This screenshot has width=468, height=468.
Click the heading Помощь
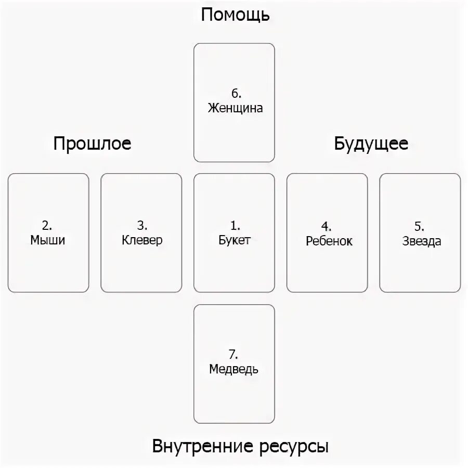[235, 15]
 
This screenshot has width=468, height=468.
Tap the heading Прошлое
[92, 144]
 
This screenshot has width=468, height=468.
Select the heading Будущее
[371, 144]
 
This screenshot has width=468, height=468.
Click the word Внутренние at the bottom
[202, 446]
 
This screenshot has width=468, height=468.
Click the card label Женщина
[235, 108]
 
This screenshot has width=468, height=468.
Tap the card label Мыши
[48, 240]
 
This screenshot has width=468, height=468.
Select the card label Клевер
[142, 240]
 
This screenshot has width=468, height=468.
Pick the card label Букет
[235, 240]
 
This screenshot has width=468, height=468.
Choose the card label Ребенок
[329, 241]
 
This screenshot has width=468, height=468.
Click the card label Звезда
[421, 241]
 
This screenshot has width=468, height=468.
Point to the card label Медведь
[233, 369]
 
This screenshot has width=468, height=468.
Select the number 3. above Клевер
[142, 226]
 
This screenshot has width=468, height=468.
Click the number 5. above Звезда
[420, 227]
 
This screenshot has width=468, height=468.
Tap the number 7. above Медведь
[233, 355]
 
